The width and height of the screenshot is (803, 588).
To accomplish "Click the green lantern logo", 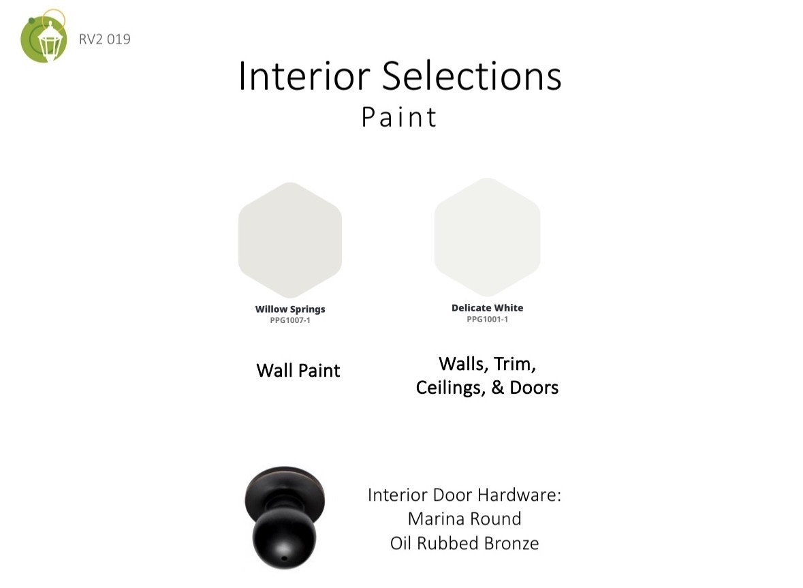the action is point(44,36).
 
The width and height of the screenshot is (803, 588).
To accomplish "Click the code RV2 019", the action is point(104,40).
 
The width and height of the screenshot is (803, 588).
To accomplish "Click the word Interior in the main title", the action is point(304,76).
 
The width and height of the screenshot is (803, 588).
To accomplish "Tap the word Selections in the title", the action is point(472,76).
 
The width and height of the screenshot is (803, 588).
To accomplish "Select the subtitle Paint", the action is point(399,117).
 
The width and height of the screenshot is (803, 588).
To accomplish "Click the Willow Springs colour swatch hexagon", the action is point(290,241).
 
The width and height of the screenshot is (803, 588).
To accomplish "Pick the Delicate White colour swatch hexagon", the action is point(487,237).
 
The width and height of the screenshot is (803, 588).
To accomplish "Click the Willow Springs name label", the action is point(290,309).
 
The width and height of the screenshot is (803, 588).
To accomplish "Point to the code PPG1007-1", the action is point(290,320).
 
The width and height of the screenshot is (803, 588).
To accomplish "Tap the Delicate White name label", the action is point(487,308).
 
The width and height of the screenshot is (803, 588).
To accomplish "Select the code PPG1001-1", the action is point(487,319).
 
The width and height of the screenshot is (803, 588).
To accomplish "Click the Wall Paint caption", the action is point(298,371).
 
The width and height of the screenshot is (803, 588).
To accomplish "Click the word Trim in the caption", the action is point(515,364).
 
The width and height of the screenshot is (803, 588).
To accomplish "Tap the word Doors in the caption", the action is point(533,388).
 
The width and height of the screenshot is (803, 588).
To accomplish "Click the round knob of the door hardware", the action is point(284,538).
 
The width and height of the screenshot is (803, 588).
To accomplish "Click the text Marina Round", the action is point(465,519).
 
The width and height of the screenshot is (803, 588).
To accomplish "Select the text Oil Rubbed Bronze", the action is point(465,543).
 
